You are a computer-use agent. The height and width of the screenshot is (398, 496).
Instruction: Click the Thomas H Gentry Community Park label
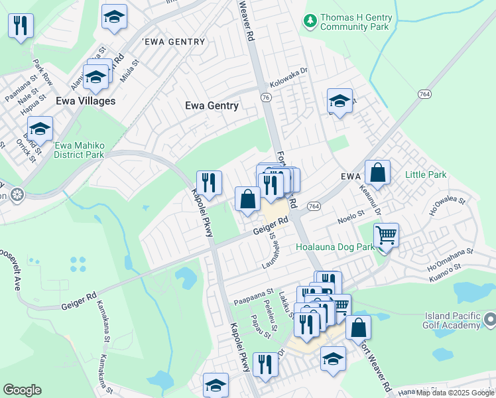355,22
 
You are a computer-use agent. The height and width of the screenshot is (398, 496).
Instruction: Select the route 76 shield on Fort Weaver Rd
266,98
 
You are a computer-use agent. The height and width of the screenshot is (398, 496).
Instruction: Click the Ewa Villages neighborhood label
86,101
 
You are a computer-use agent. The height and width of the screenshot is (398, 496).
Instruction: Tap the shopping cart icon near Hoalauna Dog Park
385,235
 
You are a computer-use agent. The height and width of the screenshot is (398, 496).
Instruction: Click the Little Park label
426,175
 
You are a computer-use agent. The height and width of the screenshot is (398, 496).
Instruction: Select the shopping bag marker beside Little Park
377,173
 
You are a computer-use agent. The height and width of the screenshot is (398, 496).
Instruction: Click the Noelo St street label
351,215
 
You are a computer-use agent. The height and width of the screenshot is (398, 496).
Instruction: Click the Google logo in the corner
22,390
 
